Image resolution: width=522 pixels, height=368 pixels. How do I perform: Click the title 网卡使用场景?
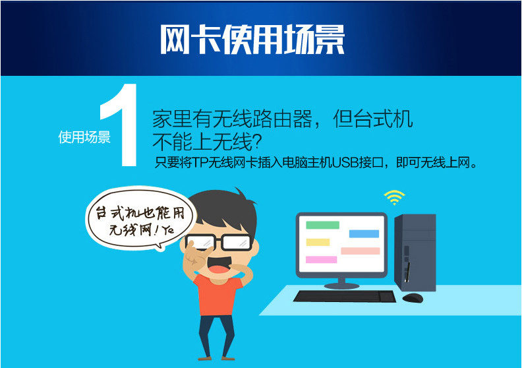coord(252,39)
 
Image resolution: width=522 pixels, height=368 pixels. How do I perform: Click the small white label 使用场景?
coord(84,137)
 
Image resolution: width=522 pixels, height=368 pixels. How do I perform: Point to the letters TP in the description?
coord(201,162)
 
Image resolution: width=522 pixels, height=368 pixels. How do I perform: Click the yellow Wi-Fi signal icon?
coord(394,197)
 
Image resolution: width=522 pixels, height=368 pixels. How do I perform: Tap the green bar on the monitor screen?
coord(322,225)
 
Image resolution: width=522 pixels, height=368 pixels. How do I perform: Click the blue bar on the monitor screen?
coord(364,233)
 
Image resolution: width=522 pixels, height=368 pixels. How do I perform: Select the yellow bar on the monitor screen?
coord(318,242)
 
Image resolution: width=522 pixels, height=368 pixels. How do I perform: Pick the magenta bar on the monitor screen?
coord(321,259)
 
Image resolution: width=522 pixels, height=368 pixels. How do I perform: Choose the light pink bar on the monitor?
coord(361,251)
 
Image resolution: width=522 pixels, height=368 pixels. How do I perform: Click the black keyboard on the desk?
coord(345,296)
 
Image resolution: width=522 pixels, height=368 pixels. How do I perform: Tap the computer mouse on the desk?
coord(413,297)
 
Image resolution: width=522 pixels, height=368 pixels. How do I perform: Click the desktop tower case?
coord(415,253)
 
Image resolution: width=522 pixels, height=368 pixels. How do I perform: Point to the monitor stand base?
coord(341,286)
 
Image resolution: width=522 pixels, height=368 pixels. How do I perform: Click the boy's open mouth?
coord(218,263)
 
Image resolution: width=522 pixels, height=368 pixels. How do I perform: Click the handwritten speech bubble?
coord(140,218)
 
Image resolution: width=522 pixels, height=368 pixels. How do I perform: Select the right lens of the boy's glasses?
coord(237,242)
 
